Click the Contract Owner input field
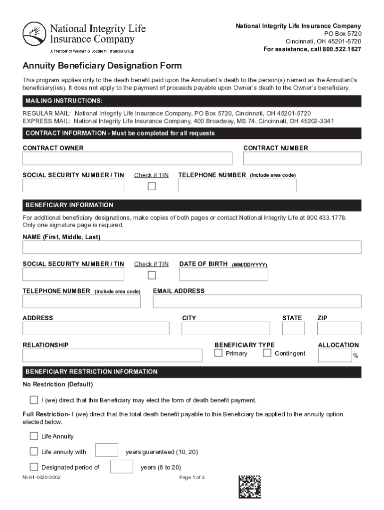tap(127, 158)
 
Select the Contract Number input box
tap(302, 158)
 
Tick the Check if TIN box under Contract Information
tap(152, 186)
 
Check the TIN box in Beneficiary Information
tap(152, 275)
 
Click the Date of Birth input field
tap(223, 274)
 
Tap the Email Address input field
tap(257, 301)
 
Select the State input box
tap(293, 329)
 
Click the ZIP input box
tap(339, 329)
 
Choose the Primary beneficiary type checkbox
tap(218, 353)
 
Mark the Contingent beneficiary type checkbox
tap(267, 353)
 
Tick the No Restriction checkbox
tap(34, 400)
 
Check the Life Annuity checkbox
tap(34, 436)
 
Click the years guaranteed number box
tap(106, 450)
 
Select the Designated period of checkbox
tap(34, 467)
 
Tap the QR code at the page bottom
tap(249, 487)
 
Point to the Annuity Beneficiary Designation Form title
tap(102, 66)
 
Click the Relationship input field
tap(112, 355)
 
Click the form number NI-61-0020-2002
tap(41, 478)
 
